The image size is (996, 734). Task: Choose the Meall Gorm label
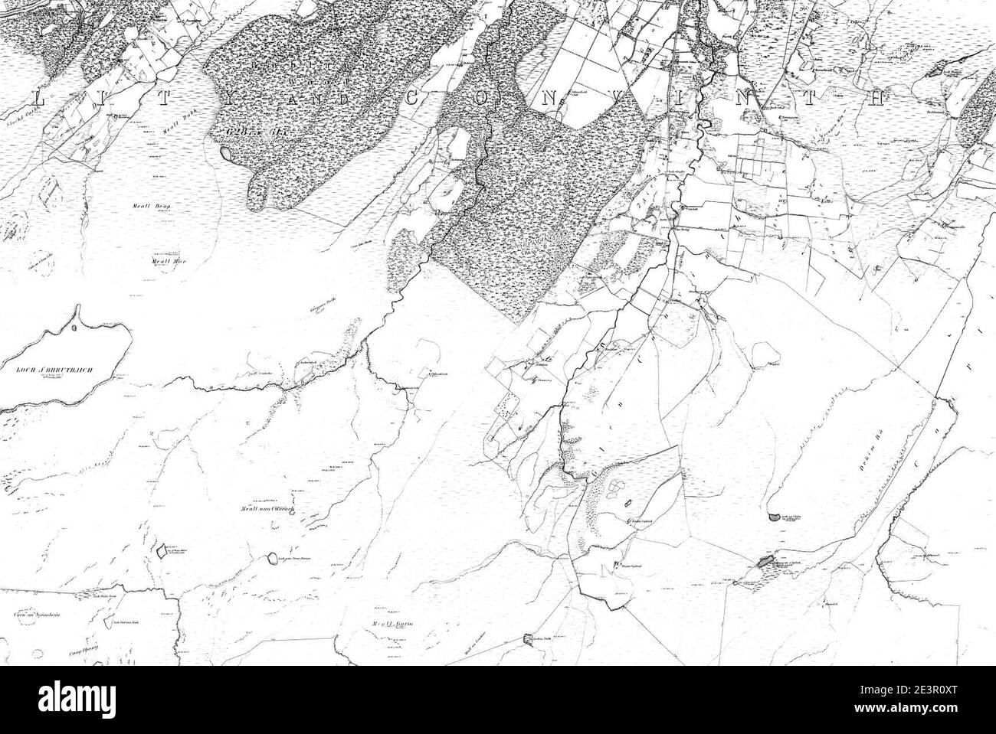coord(388,624)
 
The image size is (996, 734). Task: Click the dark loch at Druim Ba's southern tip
coord(764,563)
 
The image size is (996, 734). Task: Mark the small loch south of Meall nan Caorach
coord(272,557)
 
